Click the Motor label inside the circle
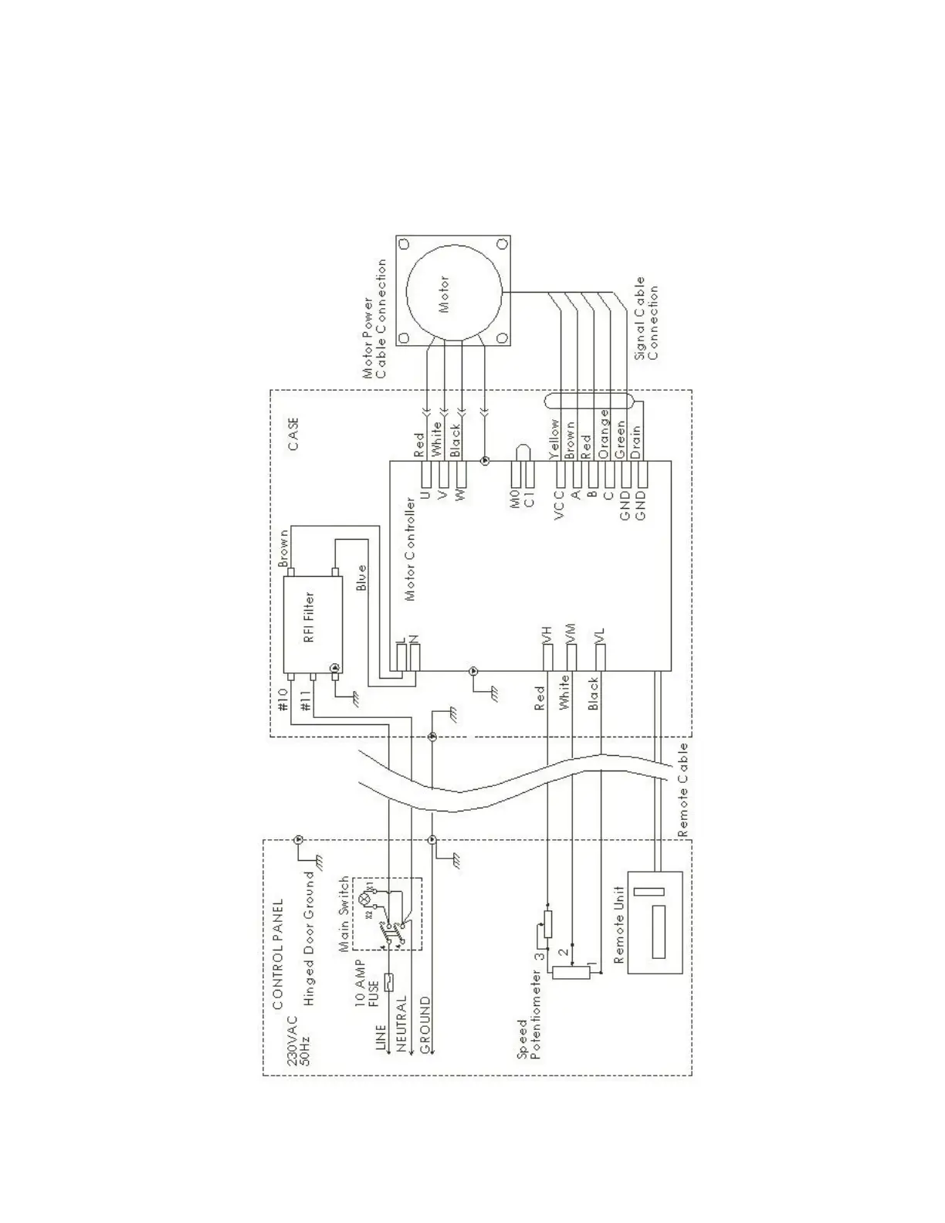click(x=444, y=294)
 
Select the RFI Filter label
click(x=309, y=618)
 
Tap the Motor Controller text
click(x=410, y=548)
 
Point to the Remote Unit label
click(x=618, y=924)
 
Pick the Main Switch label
click(x=344, y=914)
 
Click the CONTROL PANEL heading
click(x=279, y=954)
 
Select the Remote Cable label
click(x=682, y=791)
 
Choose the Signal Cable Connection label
click(x=645, y=320)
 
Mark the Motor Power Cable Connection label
click(x=374, y=318)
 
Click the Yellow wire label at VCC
click(x=553, y=439)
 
